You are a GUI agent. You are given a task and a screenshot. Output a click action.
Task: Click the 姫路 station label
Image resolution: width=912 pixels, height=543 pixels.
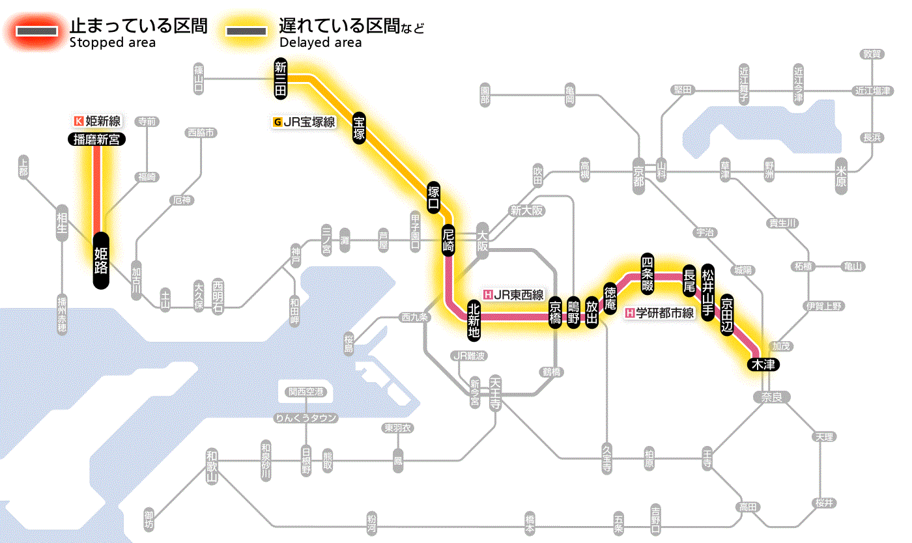[101, 260]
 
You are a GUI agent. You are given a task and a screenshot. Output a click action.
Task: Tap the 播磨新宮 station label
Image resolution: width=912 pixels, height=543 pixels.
[96, 139]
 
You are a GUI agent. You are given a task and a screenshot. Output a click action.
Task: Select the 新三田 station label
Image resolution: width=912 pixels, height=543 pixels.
[280, 79]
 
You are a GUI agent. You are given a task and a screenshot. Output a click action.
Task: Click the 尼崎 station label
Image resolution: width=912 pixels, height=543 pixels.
[448, 241]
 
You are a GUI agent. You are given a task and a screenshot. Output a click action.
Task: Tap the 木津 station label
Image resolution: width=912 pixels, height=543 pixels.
[763, 364]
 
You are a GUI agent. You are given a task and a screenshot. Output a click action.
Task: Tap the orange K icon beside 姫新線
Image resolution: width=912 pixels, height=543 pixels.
[79, 120]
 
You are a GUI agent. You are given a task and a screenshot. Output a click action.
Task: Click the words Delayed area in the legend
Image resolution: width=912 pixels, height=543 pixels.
[320, 43]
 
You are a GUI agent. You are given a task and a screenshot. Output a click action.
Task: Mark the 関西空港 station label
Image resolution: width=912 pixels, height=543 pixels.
[306, 393]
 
